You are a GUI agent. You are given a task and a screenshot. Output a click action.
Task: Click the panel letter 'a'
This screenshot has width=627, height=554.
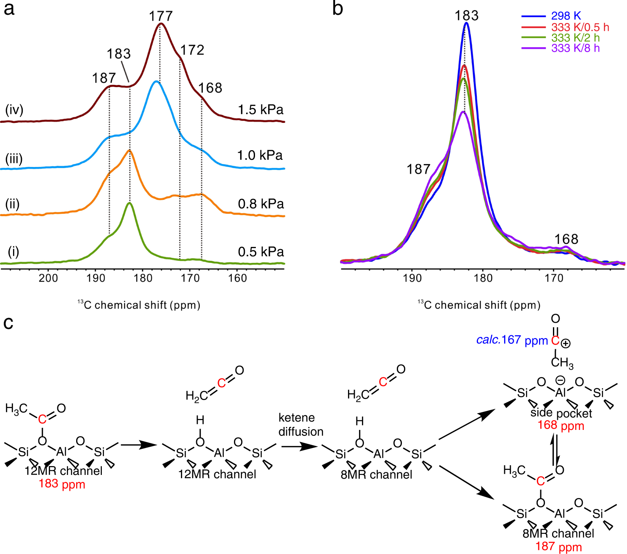(x=9, y=8)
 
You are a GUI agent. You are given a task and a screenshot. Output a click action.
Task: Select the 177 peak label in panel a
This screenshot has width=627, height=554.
(x=161, y=16)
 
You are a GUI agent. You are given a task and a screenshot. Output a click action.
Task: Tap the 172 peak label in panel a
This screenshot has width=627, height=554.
(x=192, y=50)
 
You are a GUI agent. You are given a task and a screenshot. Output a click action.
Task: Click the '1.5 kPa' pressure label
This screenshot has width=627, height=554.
(x=260, y=110)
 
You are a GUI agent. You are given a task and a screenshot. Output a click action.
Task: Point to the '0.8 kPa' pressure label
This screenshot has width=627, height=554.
(x=260, y=204)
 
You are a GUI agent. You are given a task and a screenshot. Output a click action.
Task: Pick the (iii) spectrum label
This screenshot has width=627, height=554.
(x=14, y=159)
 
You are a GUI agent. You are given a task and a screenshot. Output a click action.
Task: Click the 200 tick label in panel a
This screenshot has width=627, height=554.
(x=48, y=278)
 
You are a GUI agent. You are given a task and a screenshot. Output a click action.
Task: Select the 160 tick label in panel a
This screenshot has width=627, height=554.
(x=237, y=278)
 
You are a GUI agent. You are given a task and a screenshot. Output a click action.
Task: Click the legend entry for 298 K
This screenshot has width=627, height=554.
(x=566, y=16)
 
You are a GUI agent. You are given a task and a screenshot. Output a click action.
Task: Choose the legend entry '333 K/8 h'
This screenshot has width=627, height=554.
(x=575, y=48)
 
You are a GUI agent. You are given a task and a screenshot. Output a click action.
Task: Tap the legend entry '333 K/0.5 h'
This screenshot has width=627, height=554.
(x=580, y=27)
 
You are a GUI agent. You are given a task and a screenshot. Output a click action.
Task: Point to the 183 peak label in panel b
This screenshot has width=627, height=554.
(x=466, y=16)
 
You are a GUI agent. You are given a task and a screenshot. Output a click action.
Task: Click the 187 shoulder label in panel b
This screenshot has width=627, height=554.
(x=418, y=169)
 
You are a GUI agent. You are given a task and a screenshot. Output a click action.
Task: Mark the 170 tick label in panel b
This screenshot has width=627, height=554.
(x=554, y=278)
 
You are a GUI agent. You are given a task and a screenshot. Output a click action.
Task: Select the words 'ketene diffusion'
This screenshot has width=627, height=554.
(x=300, y=424)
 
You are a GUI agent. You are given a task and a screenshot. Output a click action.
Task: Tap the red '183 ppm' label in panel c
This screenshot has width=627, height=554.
(x=62, y=484)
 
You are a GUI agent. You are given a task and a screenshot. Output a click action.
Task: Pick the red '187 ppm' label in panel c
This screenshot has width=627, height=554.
(x=558, y=546)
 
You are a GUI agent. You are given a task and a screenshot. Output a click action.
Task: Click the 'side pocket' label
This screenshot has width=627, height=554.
(x=561, y=413)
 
